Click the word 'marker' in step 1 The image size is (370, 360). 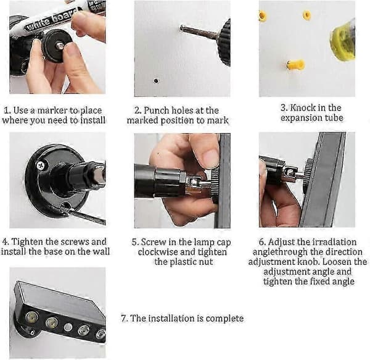point(52,111)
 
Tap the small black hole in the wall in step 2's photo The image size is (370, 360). point(156,81)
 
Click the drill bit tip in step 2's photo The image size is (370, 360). point(182,28)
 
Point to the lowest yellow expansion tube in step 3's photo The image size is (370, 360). point(295,64)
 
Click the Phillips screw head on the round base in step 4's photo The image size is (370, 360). point(41,165)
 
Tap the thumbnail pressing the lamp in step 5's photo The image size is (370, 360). point(210,155)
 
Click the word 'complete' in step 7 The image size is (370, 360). point(224,319)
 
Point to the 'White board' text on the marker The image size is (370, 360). point(51,20)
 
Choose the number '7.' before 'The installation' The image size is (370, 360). point(124,318)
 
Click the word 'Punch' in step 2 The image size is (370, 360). point(157,111)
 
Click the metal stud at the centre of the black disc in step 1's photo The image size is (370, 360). point(60,46)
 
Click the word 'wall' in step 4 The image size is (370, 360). point(102,251)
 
